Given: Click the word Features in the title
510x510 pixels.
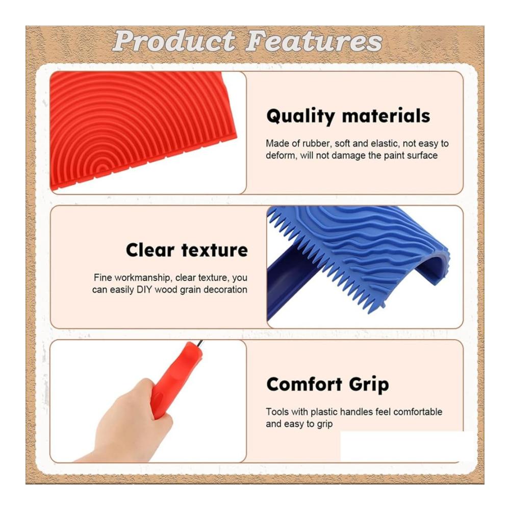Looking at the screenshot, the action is point(314,41).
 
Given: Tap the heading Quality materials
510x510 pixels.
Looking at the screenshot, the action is point(348,116).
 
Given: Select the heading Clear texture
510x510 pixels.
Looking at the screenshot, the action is point(187,250).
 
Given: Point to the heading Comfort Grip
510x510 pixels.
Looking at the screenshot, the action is point(327,385).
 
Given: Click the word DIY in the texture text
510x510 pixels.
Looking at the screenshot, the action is point(144,290).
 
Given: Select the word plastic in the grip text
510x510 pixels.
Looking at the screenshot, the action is point(324,412).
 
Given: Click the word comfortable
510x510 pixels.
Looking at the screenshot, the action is point(418,412).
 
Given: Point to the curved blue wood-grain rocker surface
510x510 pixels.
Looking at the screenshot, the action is point(368,244).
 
